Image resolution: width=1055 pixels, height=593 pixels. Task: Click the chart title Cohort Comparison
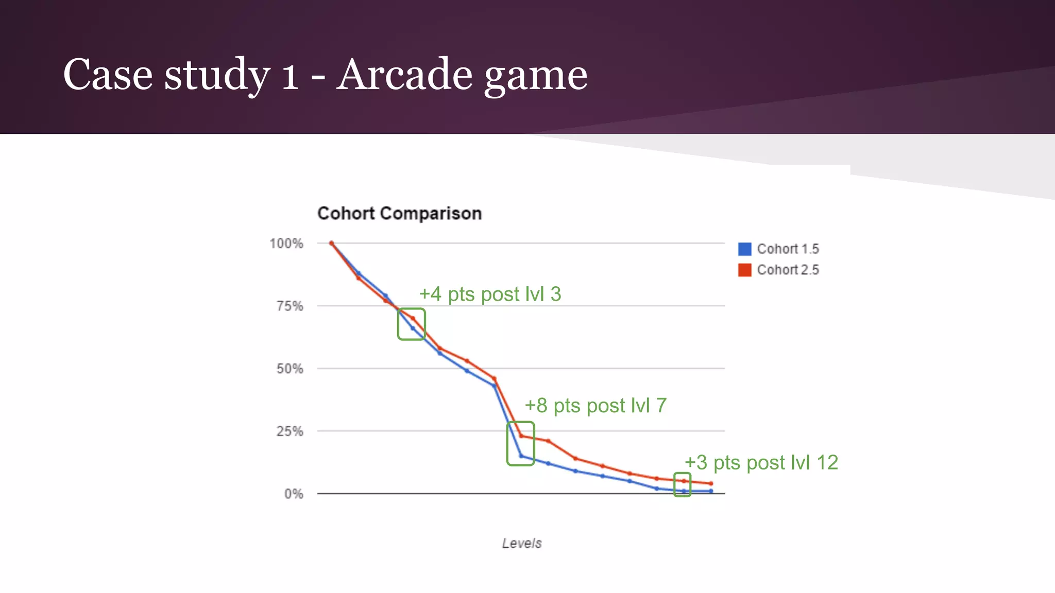[x=399, y=213]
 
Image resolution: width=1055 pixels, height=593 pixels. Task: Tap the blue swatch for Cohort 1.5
[x=744, y=249]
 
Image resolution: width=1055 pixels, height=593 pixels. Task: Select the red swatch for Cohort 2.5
[x=744, y=270]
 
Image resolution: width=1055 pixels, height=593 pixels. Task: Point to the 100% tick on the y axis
[x=286, y=243]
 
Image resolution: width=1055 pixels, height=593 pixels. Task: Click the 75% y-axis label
[x=290, y=306]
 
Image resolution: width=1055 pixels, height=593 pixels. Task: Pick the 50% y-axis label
[x=290, y=369]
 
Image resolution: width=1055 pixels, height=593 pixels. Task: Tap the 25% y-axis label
[x=290, y=431]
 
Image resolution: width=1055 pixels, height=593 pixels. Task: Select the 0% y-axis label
[x=294, y=494]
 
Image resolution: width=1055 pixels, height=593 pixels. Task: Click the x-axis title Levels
[x=522, y=543]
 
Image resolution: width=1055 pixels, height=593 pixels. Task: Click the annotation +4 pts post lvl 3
[x=490, y=294]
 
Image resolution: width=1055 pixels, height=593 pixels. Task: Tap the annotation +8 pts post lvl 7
[x=595, y=406]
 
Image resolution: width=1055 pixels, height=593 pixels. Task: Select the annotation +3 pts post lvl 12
[x=761, y=462]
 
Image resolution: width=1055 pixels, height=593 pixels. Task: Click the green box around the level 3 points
[x=411, y=324]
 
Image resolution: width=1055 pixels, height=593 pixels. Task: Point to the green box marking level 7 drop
[x=520, y=444]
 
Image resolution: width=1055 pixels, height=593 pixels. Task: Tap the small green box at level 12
[x=682, y=484]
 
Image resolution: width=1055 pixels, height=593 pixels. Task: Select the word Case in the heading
[x=108, y=75]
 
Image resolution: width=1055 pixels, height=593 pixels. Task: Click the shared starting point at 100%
[x=331, y=243]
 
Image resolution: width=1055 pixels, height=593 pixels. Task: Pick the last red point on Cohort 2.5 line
[x=711, y=483]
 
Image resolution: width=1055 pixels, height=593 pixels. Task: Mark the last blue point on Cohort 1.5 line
[x=711, y=491]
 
